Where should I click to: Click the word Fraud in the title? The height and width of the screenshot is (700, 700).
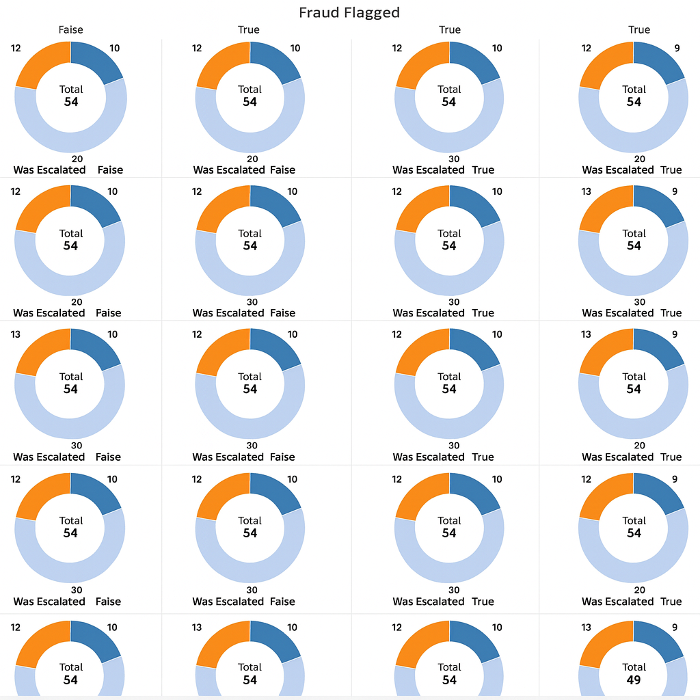322,12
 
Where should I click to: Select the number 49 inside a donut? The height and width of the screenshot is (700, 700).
634,679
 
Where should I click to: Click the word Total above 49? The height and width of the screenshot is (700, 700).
634,667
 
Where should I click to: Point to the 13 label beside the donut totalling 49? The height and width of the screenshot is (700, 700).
586,628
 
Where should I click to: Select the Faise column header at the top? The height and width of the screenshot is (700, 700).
70,30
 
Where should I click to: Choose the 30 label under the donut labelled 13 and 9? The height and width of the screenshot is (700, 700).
639,301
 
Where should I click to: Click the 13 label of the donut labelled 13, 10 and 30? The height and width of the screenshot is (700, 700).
16,334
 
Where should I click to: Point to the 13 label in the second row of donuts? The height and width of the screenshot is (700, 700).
586,191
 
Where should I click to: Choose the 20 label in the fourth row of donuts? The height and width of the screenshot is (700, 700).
639,590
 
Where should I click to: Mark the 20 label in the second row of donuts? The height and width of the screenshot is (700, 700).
76,301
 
